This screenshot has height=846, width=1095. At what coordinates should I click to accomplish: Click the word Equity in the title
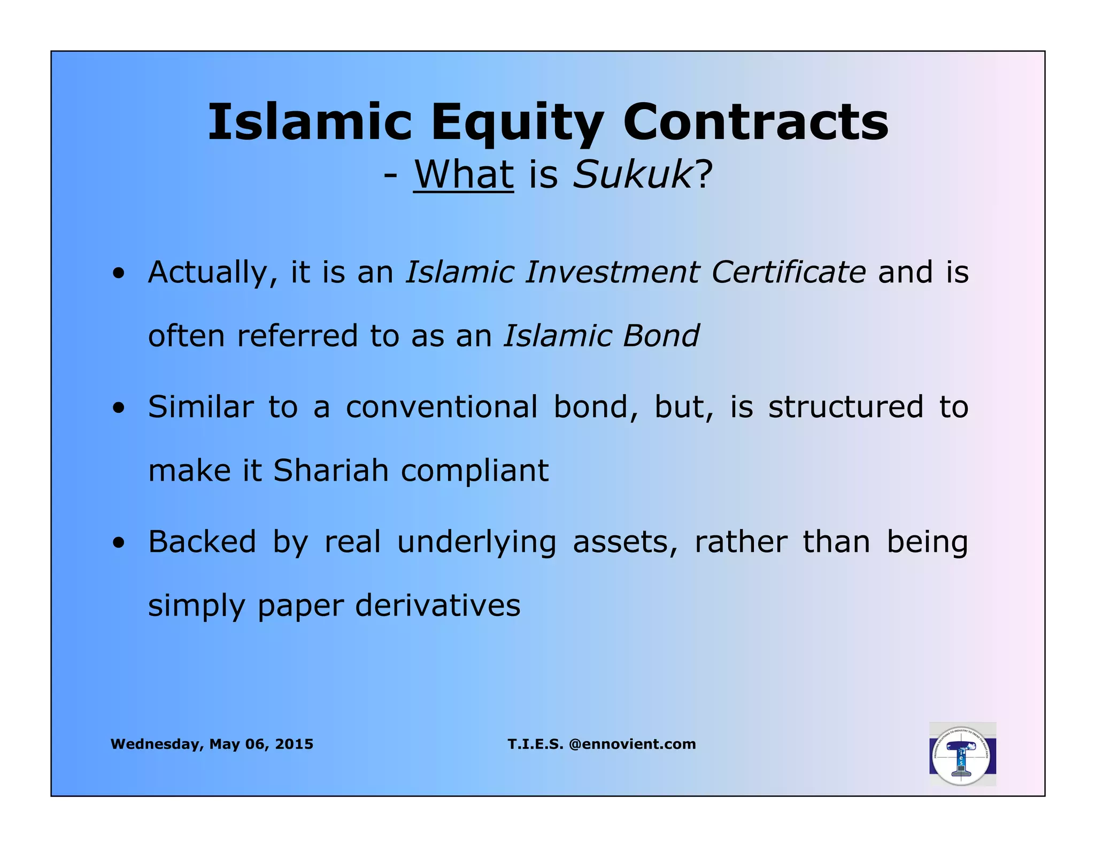pos(518,123)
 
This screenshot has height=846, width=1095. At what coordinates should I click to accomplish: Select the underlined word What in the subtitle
pos(463,174)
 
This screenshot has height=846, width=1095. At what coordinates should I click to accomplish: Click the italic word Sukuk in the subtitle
pos(633,174)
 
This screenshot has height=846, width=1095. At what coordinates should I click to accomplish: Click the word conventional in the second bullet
pos(442,407)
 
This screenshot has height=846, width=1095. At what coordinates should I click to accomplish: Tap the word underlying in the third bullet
pos(476,543)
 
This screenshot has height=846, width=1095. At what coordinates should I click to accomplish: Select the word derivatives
pos(437,605)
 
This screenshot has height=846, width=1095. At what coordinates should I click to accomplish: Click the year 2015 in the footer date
pos(294,744)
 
